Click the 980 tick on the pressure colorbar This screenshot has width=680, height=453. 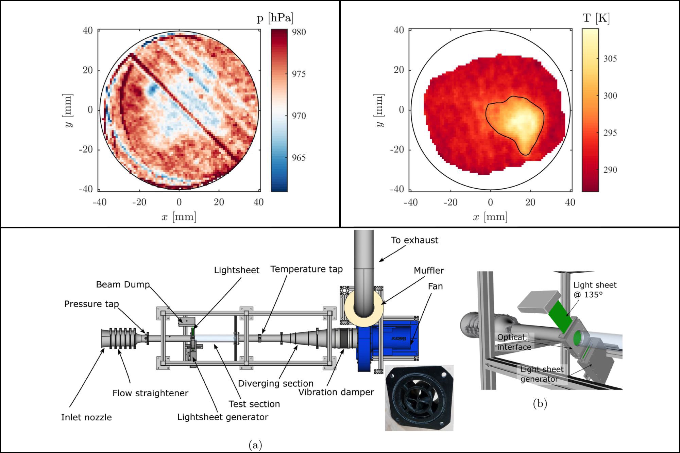click(x=299, y=32)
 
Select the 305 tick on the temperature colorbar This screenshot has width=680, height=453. click(x=610, y=59)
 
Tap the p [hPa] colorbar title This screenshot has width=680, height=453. click(x=275, y=18)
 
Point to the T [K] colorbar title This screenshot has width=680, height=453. click(x=596, y=18)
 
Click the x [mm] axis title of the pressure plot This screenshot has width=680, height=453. click(x=179, y=216)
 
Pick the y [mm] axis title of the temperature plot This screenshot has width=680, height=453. click(x=380, y=110)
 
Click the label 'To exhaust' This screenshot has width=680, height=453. click(x=414, y=240)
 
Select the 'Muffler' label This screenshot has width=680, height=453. click(x=429, y=271)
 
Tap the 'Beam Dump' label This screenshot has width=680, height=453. click(x=123, y=284)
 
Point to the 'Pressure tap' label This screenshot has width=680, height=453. click(x=91, y=304)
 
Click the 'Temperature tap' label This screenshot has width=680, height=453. click(x=306, y=269)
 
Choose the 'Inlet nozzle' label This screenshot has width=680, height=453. click(x=86, y=417)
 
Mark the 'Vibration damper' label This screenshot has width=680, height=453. click(x=336, y=392)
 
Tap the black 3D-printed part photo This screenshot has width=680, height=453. click(x=419, y=398)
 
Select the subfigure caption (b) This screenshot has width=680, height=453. click(x=540, y=403)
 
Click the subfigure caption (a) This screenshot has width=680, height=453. click(x=255, y=445)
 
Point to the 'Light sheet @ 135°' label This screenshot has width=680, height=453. click(x=595, y=290)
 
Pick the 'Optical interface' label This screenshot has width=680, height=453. click(x=514, y=342)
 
